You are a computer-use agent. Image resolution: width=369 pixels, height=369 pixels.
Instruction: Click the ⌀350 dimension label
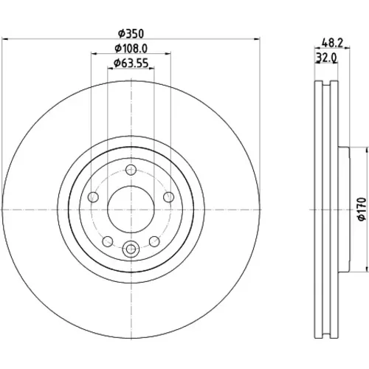pos(131,34)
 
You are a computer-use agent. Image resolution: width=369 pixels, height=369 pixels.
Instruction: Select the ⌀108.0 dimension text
pos(131,49)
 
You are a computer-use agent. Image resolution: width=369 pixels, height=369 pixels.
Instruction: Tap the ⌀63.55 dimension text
pos(131,63)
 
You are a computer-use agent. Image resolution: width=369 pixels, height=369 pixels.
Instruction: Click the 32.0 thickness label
pos(326,58)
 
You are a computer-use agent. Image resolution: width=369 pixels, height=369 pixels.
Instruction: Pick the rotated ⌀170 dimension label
pos(362,209)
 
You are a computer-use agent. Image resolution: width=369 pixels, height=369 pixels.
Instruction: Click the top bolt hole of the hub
pos(131,170)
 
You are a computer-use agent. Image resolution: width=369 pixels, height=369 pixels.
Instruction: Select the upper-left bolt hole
pos(93,197)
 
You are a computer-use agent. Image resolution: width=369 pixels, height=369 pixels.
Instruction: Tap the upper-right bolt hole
pos(168,197)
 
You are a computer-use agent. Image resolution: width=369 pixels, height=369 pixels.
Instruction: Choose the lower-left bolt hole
pos(108,241)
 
